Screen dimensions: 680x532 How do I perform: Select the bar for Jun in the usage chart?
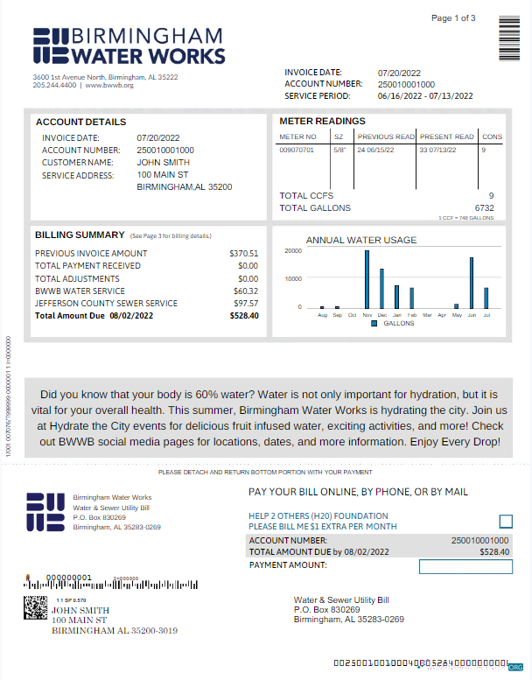click(x=472, y=283)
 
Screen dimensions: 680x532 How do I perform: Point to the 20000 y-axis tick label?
click(x=293, y=251)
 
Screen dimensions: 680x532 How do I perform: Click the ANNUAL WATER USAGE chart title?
click(x=361, y=240)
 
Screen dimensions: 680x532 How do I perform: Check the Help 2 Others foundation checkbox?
click(x=506, y=522)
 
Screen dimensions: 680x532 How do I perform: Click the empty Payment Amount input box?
click(x=465, y=567)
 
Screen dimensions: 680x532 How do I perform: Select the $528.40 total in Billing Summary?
click(x=244, y=316)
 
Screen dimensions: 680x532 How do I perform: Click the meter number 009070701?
click(x=297, y=151)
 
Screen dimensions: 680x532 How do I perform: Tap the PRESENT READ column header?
click(x=446, y=137)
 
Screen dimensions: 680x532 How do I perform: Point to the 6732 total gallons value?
click(x=484, y=208)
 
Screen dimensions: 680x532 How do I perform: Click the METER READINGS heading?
click(x=322, y=121)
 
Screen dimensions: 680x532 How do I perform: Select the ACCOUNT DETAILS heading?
click(x=80, y=122)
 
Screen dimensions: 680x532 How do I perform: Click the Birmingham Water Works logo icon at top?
click(x=50, y=46)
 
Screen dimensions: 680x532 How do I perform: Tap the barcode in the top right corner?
click(x=510, y=36)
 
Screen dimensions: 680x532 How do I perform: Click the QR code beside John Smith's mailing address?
click(x=35, y=607)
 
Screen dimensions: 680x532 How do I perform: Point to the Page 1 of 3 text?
click(x=453, y=18)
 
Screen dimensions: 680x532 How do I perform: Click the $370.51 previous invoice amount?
click(x=244, y=254)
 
